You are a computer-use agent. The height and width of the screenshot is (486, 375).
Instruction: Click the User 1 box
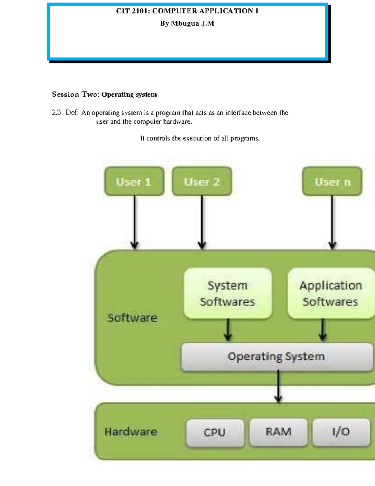(134, 182)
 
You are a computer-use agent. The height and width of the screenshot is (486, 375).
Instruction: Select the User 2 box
(202, 182)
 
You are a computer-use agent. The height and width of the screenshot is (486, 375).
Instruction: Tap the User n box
(332, 182)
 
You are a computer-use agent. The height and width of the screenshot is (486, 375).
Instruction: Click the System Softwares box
(228, 294)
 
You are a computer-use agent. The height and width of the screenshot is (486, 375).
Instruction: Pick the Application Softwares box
(331, 294)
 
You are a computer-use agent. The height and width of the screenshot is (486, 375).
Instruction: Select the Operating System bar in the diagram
(277, 357)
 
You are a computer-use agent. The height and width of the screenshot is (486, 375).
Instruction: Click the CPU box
(215, 432)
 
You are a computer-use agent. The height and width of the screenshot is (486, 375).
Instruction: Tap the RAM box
(278, 432)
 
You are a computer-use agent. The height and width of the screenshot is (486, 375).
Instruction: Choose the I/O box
(341, 432)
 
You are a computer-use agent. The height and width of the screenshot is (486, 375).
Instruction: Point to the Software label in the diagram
(132, 318)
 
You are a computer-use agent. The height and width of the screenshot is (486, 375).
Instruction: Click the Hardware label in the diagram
(131, 432)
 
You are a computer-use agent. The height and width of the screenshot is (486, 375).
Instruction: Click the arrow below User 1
(134, 222)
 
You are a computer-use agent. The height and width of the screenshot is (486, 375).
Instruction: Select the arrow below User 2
(202, 222)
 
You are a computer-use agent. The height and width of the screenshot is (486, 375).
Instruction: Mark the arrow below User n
(332, 222)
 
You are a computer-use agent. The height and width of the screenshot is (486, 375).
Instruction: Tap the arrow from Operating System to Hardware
(278, 386)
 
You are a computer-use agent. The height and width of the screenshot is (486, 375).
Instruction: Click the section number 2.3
(57, 113)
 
